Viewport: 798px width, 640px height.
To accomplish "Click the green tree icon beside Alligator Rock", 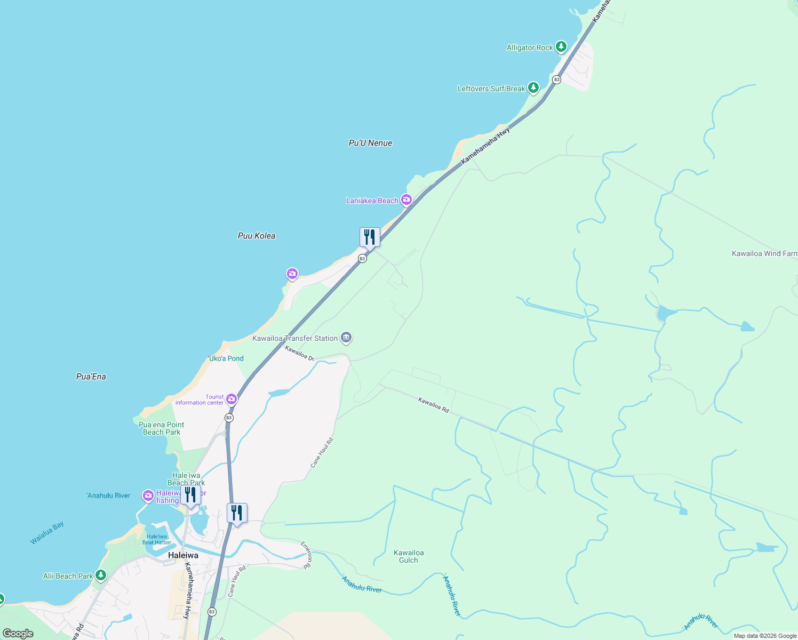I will [x=561, y=47].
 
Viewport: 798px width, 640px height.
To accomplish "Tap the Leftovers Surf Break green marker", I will [x=533, y=88].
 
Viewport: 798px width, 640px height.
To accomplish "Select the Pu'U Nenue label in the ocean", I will [x=370, y=143].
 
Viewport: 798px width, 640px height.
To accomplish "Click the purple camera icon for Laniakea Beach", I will [x=406, y=200].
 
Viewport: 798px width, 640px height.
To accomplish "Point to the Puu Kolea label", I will [x=257, y=236].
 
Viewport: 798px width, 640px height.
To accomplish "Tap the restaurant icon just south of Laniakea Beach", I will [x=370, y=237].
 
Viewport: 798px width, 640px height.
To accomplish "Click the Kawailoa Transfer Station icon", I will [x=346, y=338].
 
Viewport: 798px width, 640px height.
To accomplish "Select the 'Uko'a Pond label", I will [x=226, y=358].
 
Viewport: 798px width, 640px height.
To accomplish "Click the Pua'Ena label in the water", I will [x=91, y=377].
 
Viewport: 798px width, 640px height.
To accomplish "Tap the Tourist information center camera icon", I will [x=232, y=399].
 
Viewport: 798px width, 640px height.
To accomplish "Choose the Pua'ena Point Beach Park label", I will [x=162, y=428].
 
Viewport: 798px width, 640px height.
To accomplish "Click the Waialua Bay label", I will [x=47, y=533].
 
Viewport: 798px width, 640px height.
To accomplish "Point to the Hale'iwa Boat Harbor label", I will [x=157, y=539].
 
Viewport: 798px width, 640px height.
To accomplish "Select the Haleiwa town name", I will [x=183, y=555].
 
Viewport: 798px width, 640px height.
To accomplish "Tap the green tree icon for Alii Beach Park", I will [x=100, y=575].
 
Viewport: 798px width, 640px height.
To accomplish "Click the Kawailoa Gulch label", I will [x=409, y=556].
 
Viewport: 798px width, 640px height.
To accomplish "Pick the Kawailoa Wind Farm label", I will [x=764, y=253].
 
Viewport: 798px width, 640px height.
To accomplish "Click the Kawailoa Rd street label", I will [x=433, y=405].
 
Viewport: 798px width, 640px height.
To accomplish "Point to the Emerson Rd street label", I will [x=306, y=555].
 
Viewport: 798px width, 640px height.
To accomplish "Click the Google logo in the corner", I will [x=18, y=634].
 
